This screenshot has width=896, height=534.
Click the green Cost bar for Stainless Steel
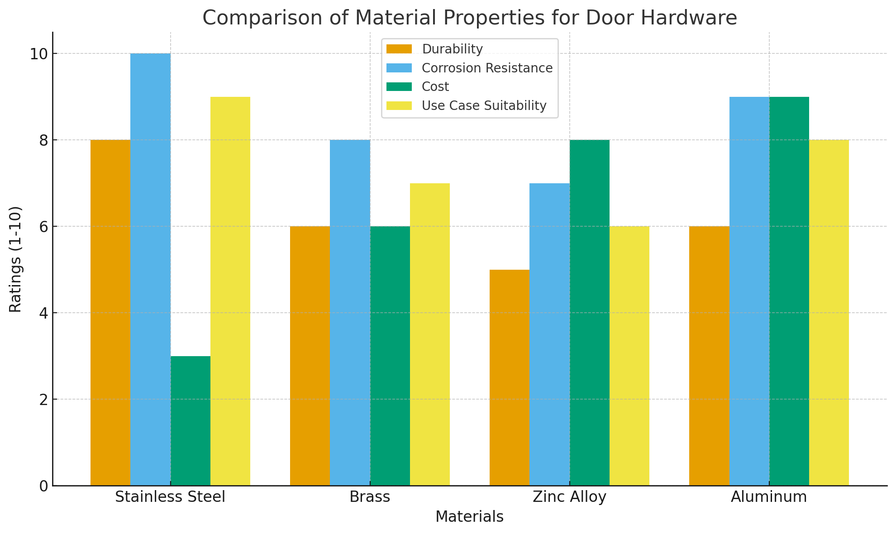(x=191, y=421)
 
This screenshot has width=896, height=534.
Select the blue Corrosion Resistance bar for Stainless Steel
(x=151, y=269)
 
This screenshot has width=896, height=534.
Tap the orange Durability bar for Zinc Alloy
(x=510, y=377)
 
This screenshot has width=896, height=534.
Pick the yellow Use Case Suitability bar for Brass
(x=430, y=334)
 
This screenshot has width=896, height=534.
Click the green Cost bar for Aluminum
(x=789, y=291)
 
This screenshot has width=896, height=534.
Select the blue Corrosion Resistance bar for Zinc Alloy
(x=549, y=334)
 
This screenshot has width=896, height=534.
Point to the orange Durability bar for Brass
(x=310, y=356)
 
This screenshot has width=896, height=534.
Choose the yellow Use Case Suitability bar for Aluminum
(x=829, y=313)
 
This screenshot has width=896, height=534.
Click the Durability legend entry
(x=452, y=49)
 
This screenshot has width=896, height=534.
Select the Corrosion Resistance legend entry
(x=487, y=68)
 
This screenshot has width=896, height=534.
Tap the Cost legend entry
(x=435, y=86)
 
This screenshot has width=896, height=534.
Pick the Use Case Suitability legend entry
(x=484, y=105)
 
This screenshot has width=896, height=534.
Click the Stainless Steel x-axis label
(x=170, y=497)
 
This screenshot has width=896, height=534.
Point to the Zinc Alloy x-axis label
(x=569, y=497)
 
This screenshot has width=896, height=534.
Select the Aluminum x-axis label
(x=769, y=497)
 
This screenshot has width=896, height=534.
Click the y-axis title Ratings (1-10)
(x=15, y=259)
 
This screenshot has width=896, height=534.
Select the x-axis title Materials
(x=469, y=517)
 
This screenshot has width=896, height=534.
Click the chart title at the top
(x=469, y=18)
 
